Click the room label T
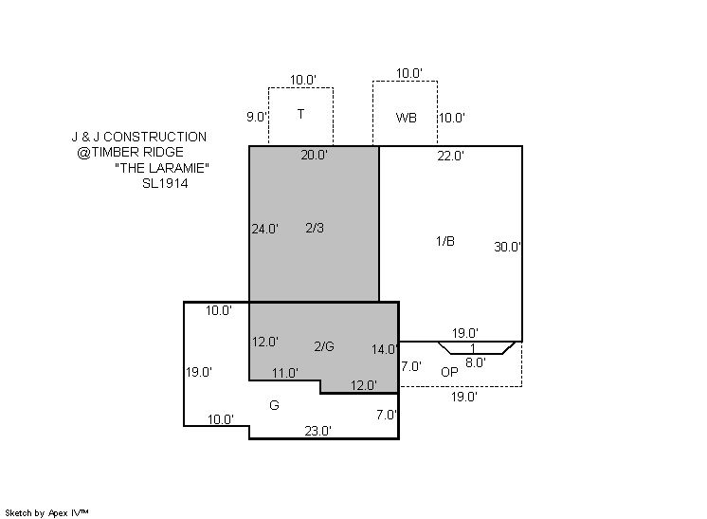300,114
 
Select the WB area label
406,118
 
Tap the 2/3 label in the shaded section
315,228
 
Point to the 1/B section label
445,241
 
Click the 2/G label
324,346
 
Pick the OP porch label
449,372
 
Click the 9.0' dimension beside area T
257,117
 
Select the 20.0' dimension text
315,155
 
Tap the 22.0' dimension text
450,156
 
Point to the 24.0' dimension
265,229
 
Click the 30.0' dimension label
508,247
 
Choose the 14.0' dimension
385,349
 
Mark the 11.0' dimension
285,373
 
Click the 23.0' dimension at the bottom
318,431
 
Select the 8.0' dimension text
476,362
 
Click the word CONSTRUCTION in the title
155,137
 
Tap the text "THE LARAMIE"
162,168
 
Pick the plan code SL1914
165,183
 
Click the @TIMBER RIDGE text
130,152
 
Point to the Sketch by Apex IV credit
46,513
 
